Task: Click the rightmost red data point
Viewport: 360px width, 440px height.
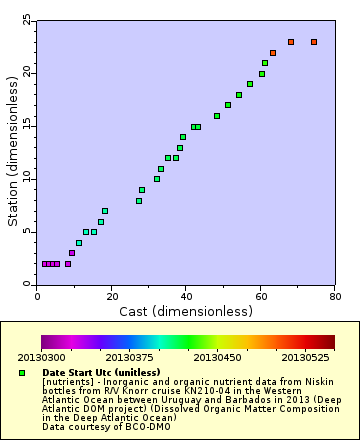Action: pyautogui.click(x=313, y=42)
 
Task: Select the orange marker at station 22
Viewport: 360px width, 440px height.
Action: pyautogui.click(x=272, y=53)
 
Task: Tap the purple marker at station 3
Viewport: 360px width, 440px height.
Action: pyautogui.click(x=72, y=253)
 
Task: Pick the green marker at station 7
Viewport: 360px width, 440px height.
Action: pyautogui.click(x=105, y=211)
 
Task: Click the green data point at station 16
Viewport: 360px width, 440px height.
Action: pyautogui.click(x=217, y=116)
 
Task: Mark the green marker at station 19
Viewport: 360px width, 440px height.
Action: pyautogui.click(x=250, y=84)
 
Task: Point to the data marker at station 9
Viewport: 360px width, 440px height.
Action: pyautogui.click(x=142, y=190)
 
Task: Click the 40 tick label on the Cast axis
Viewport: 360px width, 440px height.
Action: pyautogui.click(x=185, y=296)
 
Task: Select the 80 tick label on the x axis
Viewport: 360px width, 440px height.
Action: pyautogui.click(x=333, y=296)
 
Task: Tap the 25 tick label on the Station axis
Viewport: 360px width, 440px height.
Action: pyautogui.click(x=26, y=21)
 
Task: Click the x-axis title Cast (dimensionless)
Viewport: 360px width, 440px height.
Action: pyautogui.click(x=185, y=312)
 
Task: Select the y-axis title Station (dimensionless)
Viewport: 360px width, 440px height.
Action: pyautogui.click(x=12, y=153)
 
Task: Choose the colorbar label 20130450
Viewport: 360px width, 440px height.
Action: pyautogui.click(x=219, y=357)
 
